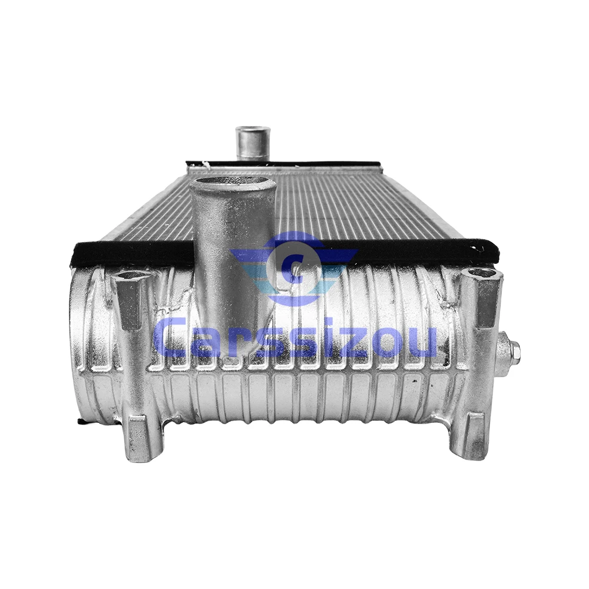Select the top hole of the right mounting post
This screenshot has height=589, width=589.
point(482,273)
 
